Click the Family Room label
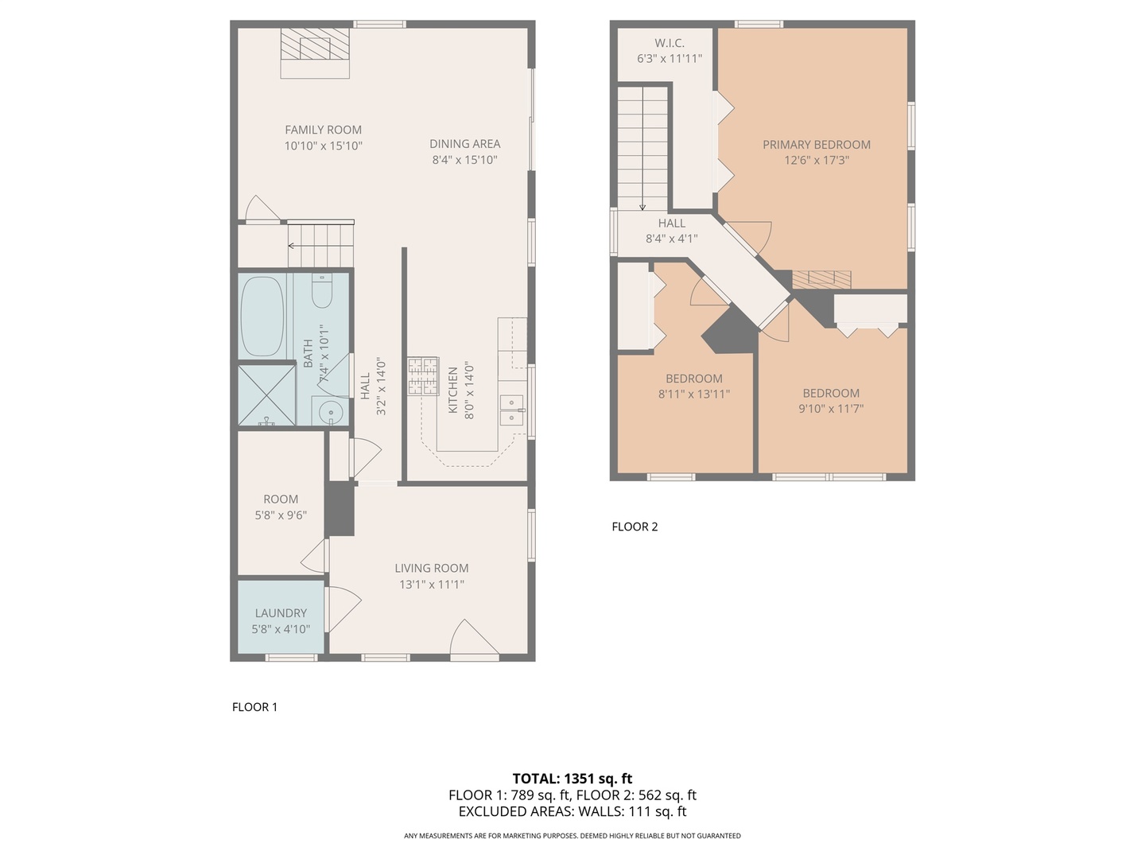point(323,130)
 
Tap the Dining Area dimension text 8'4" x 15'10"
point(464,160)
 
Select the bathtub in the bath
point(262,317)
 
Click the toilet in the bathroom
point(322,291)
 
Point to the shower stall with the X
point(266,395)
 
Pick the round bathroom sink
point(331,414)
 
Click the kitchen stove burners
point(422,375)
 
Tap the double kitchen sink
point(512,410)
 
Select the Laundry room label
point(281,612)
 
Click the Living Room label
point(432,568)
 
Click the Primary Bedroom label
point(817,145)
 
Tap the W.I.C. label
point(670,43)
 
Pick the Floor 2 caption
point(635,527)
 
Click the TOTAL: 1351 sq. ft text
point(572,779)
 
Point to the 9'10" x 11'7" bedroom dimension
point(831,408)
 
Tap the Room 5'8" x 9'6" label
point(281,507)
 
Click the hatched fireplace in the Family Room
point(315,44)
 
